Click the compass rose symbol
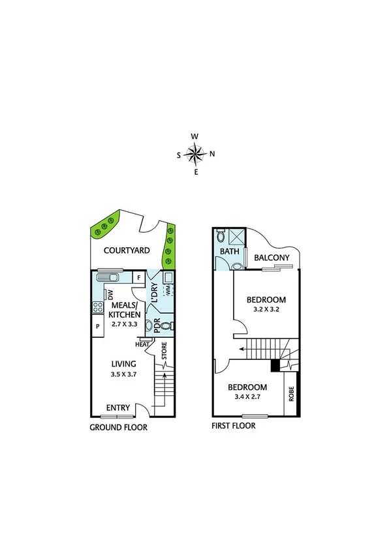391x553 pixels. [x=195, y=154]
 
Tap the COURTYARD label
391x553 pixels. [x=128, y=250]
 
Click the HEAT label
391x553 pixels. [x=142, y=344]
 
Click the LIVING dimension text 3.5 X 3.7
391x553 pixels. [x=123, y=374]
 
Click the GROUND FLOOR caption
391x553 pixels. [x=118, y=428]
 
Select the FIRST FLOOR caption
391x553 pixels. [x=233, y=426]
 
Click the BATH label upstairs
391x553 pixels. [x=228, y=251]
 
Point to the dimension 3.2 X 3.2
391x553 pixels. [x=266, y=311]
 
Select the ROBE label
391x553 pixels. [x=291, y=395]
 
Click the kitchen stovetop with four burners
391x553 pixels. [x=99, y=306]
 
